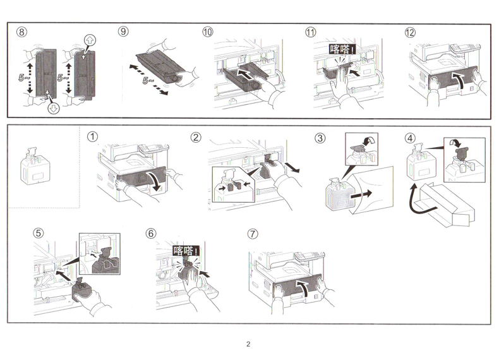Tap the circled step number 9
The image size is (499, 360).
[x=123, y=32]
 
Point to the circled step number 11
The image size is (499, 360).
[x=310, y=32]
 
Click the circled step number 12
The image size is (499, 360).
[x=411, y=32]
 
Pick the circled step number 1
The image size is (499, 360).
[x=93, y=137]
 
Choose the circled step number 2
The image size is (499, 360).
[x=196, y=137]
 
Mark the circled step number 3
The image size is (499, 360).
[x=321, y=138]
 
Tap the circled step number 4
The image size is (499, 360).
[x=411, y=137]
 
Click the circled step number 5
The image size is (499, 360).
[x=39, y=233]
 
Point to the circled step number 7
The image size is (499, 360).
[x=253, y=233]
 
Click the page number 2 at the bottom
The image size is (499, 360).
[x=249, y=344]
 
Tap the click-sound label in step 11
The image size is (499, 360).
[x=342, y=49]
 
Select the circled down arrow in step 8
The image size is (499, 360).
[x=52, y=107]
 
